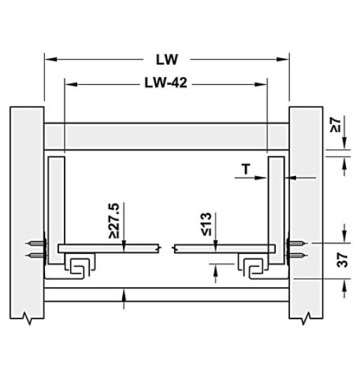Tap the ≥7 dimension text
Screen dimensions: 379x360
[335, 126]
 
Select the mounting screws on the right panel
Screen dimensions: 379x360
[298, 250]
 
